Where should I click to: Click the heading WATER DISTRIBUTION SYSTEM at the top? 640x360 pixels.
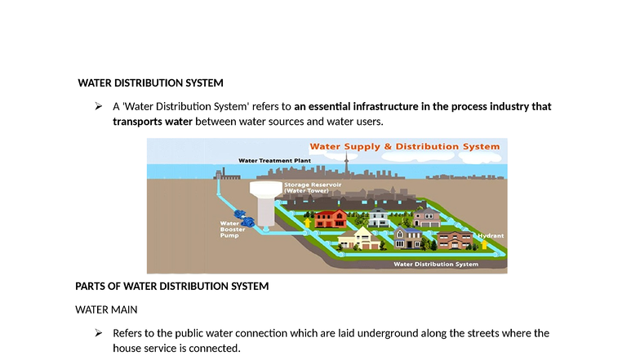click(150, 83)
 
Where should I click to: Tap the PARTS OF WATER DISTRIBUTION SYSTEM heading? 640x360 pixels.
click(171, 287)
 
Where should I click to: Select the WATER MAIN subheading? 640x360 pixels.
click(106, 310)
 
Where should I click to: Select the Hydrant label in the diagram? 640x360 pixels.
click(490, 235)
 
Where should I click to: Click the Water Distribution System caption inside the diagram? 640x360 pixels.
click(436, 264)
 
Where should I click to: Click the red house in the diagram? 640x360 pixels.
click(330, 218)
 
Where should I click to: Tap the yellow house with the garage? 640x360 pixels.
click(359, 238)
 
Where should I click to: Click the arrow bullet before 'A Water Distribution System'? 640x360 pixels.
click(98, 107)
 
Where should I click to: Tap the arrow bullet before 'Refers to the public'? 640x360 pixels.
click(98, 333)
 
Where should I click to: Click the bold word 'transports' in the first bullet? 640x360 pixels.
click(138, 122)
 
